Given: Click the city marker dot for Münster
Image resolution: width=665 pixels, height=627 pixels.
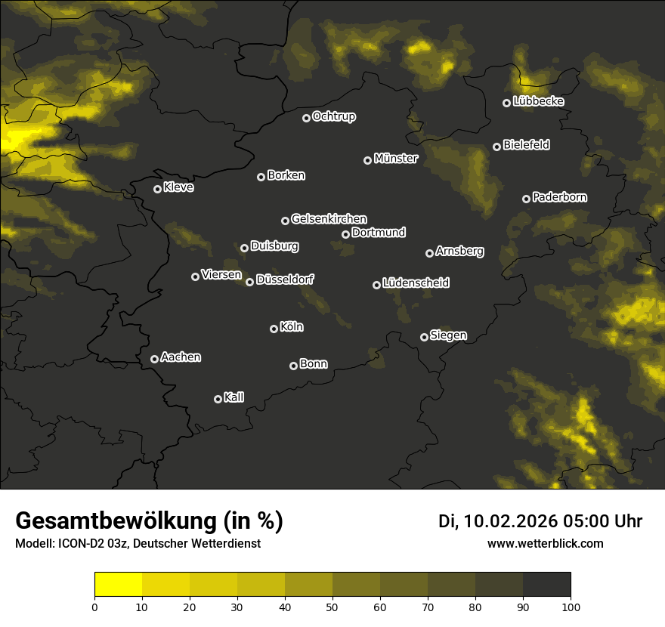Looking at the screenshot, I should [367, 160].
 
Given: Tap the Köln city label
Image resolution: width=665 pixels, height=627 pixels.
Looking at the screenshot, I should [292, 327].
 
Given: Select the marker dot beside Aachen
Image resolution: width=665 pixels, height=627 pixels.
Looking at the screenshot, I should [154, 359].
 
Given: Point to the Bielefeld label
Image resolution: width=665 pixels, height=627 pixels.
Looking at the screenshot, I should [526, 144].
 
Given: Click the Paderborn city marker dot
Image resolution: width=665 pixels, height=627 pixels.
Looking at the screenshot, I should [526, 199].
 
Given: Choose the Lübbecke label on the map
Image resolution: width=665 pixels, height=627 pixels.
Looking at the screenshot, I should [538, 101].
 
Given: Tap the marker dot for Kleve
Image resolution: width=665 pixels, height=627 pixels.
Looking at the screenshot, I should [157, 189].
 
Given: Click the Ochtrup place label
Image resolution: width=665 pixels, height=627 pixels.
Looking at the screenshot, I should [333, 116].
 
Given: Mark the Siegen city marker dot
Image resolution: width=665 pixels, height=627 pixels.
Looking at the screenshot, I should [424, 337].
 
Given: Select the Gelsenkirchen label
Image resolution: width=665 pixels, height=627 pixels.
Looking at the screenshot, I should [329, 218].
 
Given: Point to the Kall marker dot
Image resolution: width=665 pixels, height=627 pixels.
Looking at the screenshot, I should [218, 399].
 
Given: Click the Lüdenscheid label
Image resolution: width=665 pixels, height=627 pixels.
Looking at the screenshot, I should [416, 283].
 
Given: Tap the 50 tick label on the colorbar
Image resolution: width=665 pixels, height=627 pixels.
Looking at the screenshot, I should [332, 607].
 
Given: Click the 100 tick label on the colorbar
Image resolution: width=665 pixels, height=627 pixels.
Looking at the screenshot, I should [571, 607].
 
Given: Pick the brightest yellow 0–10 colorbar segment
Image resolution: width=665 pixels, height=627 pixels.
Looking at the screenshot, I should [118, 585].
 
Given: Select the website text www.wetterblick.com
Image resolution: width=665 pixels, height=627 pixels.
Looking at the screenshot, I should [545, 543].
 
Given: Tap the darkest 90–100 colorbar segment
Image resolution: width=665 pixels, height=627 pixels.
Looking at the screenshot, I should [546, 585].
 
